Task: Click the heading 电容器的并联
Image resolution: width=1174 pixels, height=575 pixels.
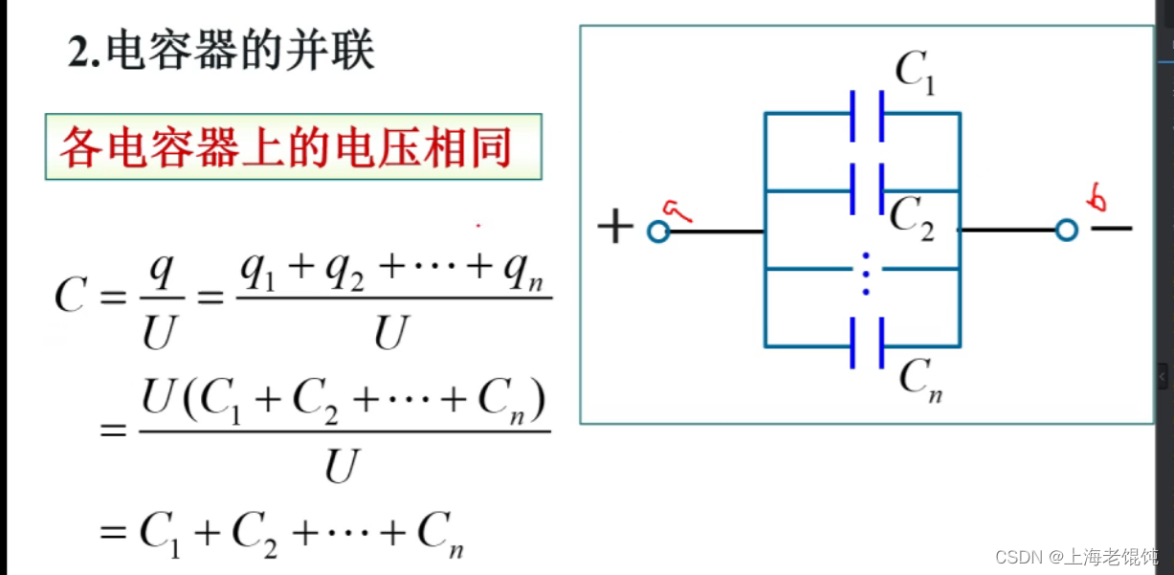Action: pos(239,53)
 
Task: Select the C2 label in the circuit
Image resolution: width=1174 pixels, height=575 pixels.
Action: pos(911,218)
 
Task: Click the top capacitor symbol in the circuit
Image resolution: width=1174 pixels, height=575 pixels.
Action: pos(867,114)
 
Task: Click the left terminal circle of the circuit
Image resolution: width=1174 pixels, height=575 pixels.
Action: pos(657,231)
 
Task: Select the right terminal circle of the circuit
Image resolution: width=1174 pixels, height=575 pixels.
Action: pos(1067,231)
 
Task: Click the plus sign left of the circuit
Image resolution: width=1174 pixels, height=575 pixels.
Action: pos(615,229)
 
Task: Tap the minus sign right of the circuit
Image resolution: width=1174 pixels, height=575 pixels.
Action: pos(1112,229)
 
